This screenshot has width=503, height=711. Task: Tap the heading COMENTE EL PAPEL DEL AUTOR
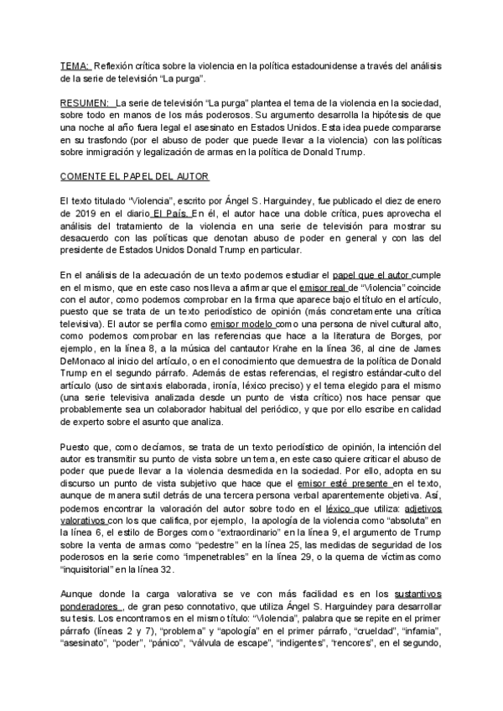click(x=134, y=177)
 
